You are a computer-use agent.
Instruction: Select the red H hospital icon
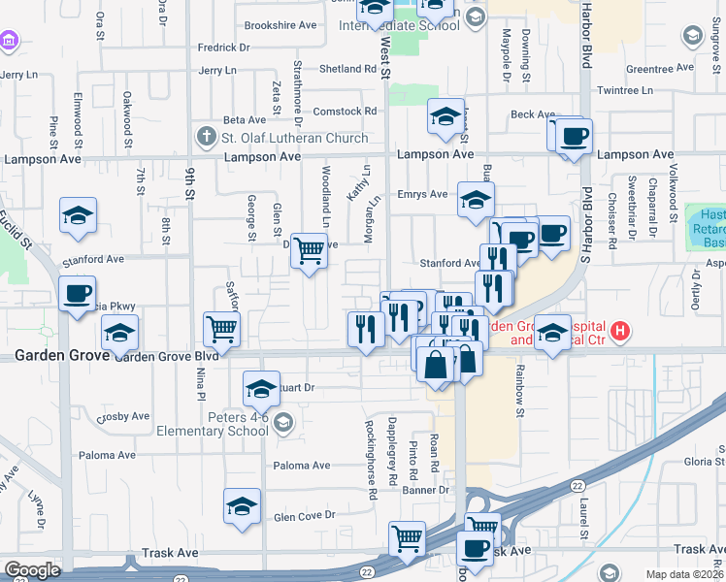621,332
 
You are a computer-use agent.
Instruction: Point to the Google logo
31,570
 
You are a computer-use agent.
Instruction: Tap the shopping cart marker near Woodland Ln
309,251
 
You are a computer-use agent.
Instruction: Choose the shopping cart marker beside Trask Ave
407,537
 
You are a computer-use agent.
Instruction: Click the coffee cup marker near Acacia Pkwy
77,293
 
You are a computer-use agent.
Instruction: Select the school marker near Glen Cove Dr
243,505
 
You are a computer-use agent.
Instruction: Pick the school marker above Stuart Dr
260,389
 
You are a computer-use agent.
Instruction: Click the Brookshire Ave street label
280,25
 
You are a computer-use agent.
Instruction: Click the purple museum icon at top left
10,41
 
